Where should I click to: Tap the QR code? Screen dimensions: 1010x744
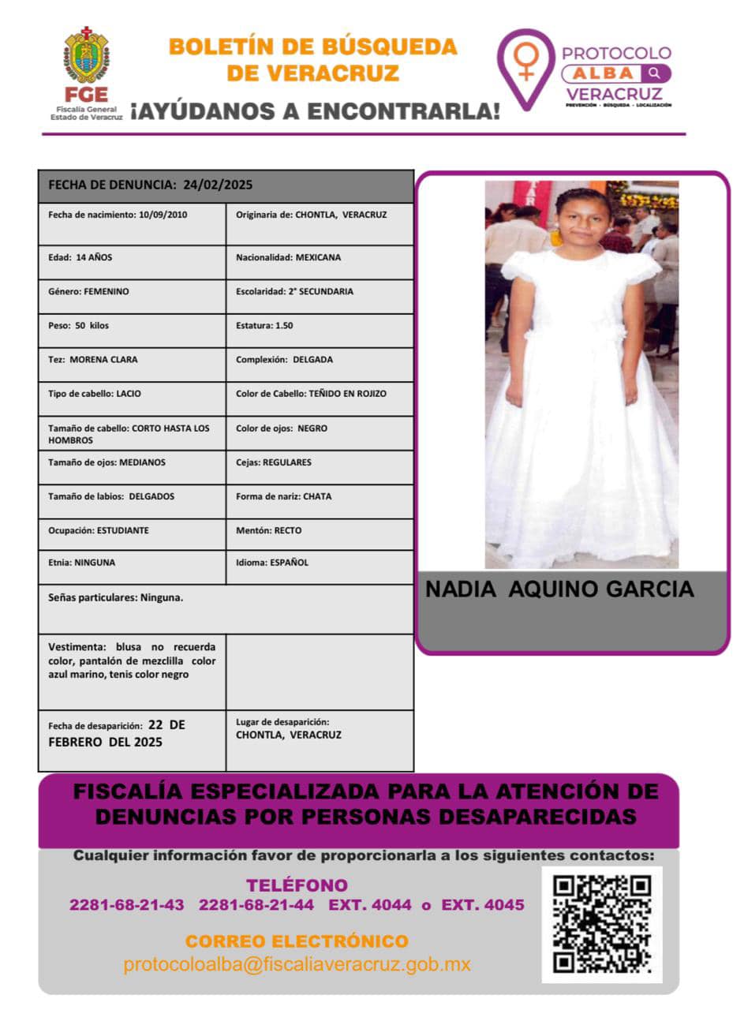pyautogui.click(x=602, y=924)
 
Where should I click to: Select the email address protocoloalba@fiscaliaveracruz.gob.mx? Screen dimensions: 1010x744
pyautogui.click(x=297, y=964)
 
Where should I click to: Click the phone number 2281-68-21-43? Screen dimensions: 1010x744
pyautogui.click(x=127, y=905)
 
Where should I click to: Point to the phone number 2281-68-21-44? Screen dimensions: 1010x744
pyautogui.click(x=256, y=905)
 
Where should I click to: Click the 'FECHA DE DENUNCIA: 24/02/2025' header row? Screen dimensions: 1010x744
pyautogui.click(x=226, y=185)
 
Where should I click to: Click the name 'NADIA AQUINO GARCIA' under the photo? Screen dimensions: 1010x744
pyautogui.click(x=559, y=589)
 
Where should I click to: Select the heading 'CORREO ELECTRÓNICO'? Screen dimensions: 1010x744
pyautogui.click(x=297, y=941)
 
